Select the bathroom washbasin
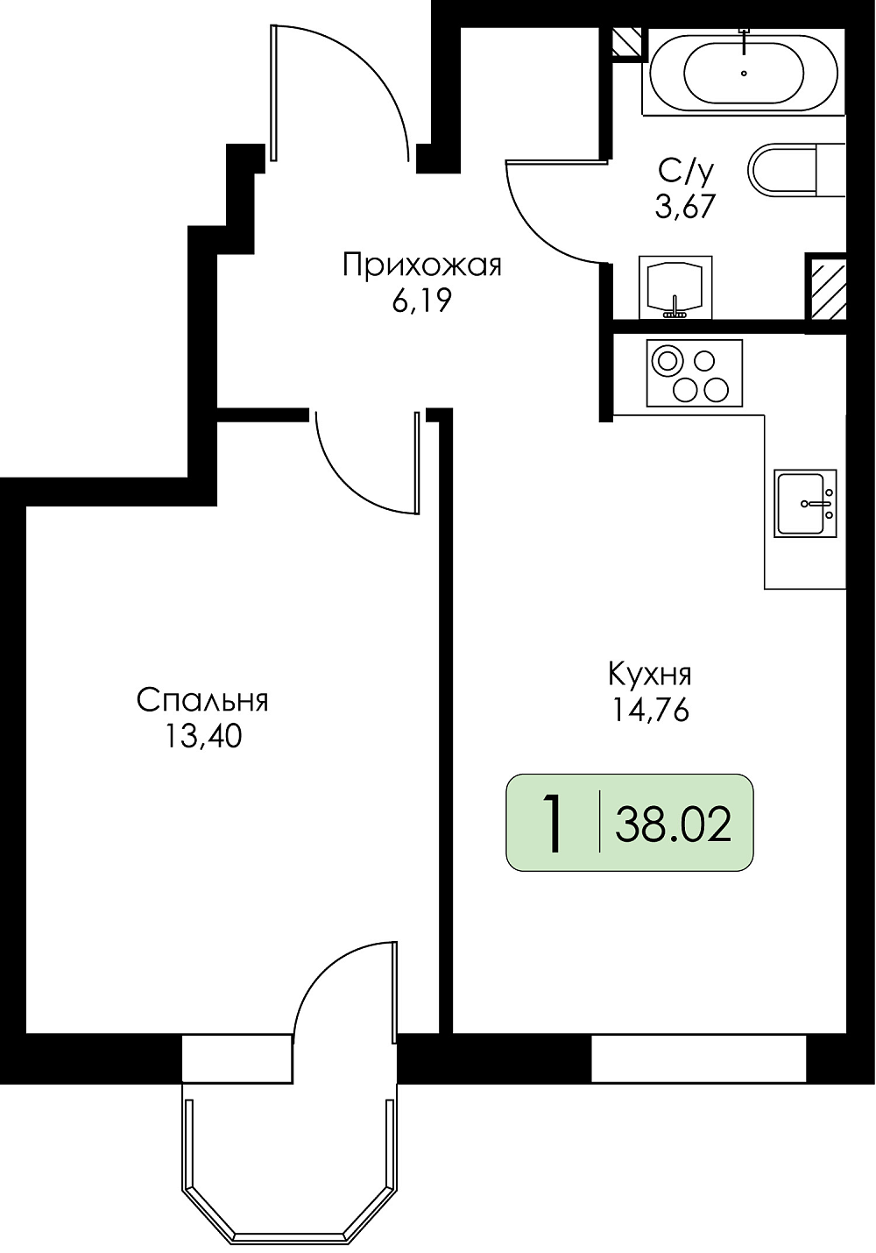click(675, 287)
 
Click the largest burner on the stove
click(667, 359)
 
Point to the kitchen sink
click(806, 504)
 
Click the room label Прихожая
click(422, 266)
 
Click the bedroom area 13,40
click(202, 737)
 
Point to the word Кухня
click(650, 676)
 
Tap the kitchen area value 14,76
click(650, 711)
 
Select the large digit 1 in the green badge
click(554, 824)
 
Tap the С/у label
click(687, 172)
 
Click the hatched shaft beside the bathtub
click(626, 41)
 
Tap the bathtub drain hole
click(744, 73)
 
